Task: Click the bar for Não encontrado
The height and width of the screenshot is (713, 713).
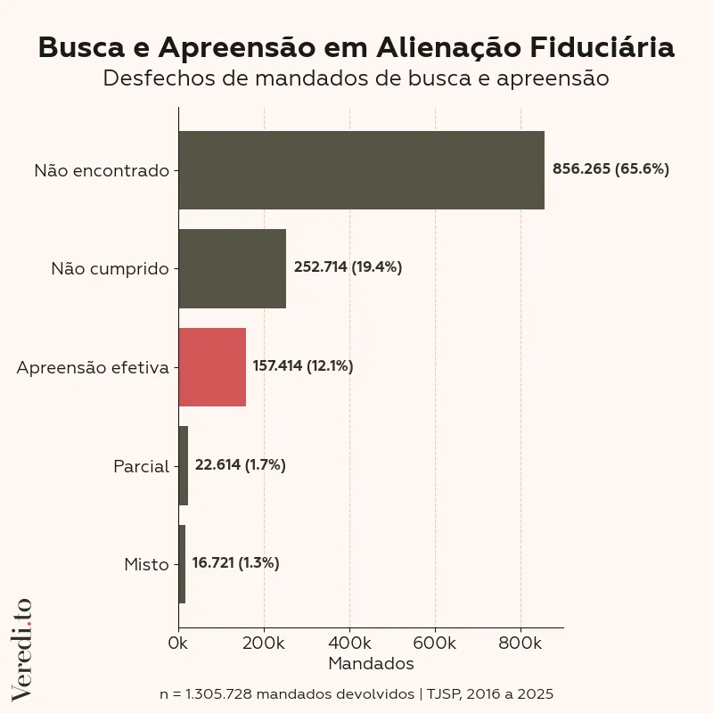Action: pos(361,169)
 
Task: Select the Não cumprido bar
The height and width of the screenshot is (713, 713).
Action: pos(232,268)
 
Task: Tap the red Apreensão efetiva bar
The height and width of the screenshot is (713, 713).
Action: pos(212,367)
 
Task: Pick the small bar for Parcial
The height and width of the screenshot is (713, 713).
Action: pos(184,465)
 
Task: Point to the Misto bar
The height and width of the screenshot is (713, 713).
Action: pos(182,564)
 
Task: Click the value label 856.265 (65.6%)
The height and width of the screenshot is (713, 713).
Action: pos(611,168)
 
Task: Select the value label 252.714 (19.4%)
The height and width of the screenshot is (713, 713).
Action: pos(348,267)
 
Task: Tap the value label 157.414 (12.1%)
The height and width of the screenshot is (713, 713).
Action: pos(303,366)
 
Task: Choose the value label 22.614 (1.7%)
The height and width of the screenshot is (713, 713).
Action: pos(240,465)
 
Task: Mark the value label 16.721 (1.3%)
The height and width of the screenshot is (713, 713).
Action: pos(235,563)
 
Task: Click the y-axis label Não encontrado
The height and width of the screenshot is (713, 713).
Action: pos(102,170)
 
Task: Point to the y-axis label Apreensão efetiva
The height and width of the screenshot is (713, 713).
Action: pos(93,367)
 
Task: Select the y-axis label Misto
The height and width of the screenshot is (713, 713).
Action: pos(146,564)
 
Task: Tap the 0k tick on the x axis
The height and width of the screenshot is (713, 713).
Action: pos(178,643)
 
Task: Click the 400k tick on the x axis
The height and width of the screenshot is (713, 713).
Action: pos(349,643)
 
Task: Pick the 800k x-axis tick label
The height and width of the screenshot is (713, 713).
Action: pos(520,643)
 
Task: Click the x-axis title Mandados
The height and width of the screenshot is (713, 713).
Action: pos(371,664)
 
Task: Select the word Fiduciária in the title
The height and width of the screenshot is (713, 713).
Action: pos(602,47)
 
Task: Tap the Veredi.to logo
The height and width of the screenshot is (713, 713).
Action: pos(21,648)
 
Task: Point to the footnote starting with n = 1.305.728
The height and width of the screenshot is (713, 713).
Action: pos(356,693)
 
